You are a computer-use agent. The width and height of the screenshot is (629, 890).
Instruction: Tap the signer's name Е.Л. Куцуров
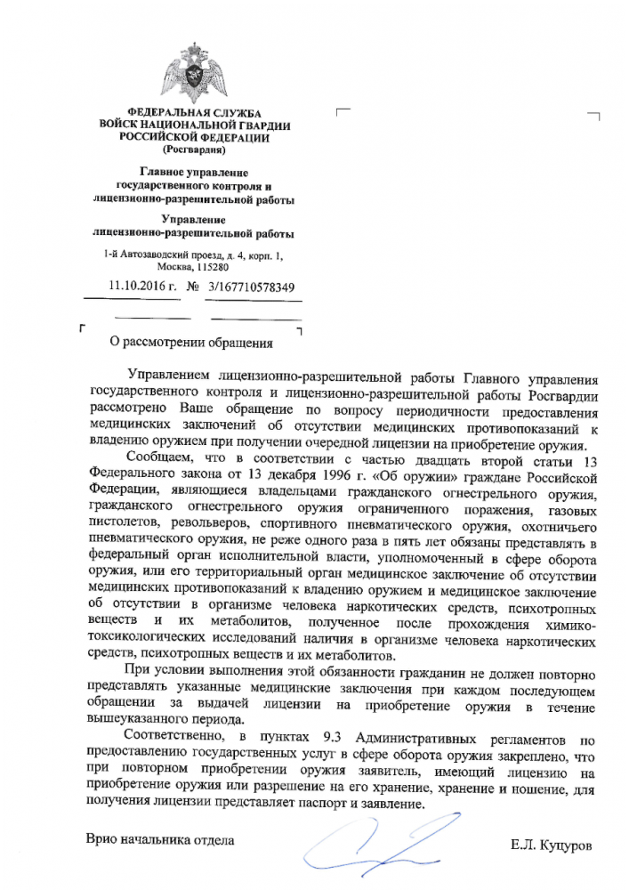click(x=550, y=842)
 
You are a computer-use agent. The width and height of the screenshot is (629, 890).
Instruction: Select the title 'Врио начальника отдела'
click(x=159, y=839)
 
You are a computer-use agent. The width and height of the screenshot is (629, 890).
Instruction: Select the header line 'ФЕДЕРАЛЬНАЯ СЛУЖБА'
click(x=193, y=112)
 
